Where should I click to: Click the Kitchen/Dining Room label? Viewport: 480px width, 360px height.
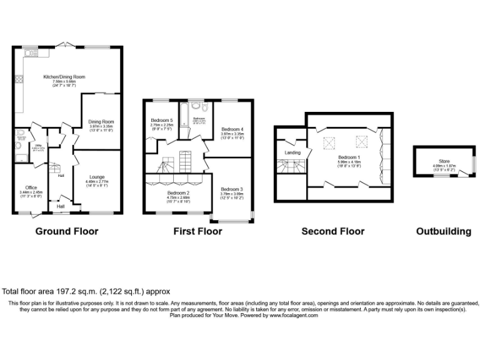pos(64,77)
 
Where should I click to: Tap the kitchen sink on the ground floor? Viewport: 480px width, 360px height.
pos(29,54)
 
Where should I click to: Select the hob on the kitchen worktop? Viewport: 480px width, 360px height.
pos(19,79)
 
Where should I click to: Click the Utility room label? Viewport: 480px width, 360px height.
pos(37,145)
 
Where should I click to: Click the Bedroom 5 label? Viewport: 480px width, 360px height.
pos(161,120)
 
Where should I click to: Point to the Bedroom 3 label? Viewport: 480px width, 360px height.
pos(231,189)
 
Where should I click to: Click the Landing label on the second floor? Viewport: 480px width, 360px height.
pos(292,152)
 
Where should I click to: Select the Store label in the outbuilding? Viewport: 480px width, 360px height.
pos(444,161)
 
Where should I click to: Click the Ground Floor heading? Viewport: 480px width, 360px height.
pos(66,231)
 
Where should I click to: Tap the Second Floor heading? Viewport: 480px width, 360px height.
pos(332,231)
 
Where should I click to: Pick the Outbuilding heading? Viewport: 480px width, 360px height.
pos(444,231)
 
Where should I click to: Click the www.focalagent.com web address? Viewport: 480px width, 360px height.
pos(294,316)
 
